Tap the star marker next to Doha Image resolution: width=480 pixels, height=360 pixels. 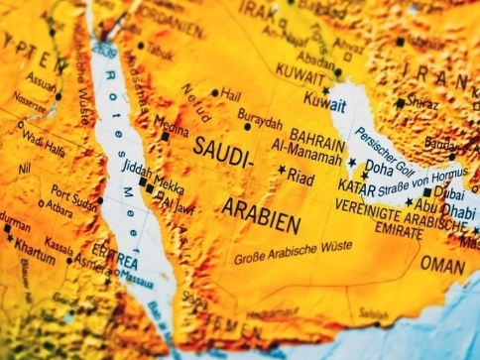click(351, 163)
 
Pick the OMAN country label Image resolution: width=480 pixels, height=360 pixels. click(441, 264)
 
